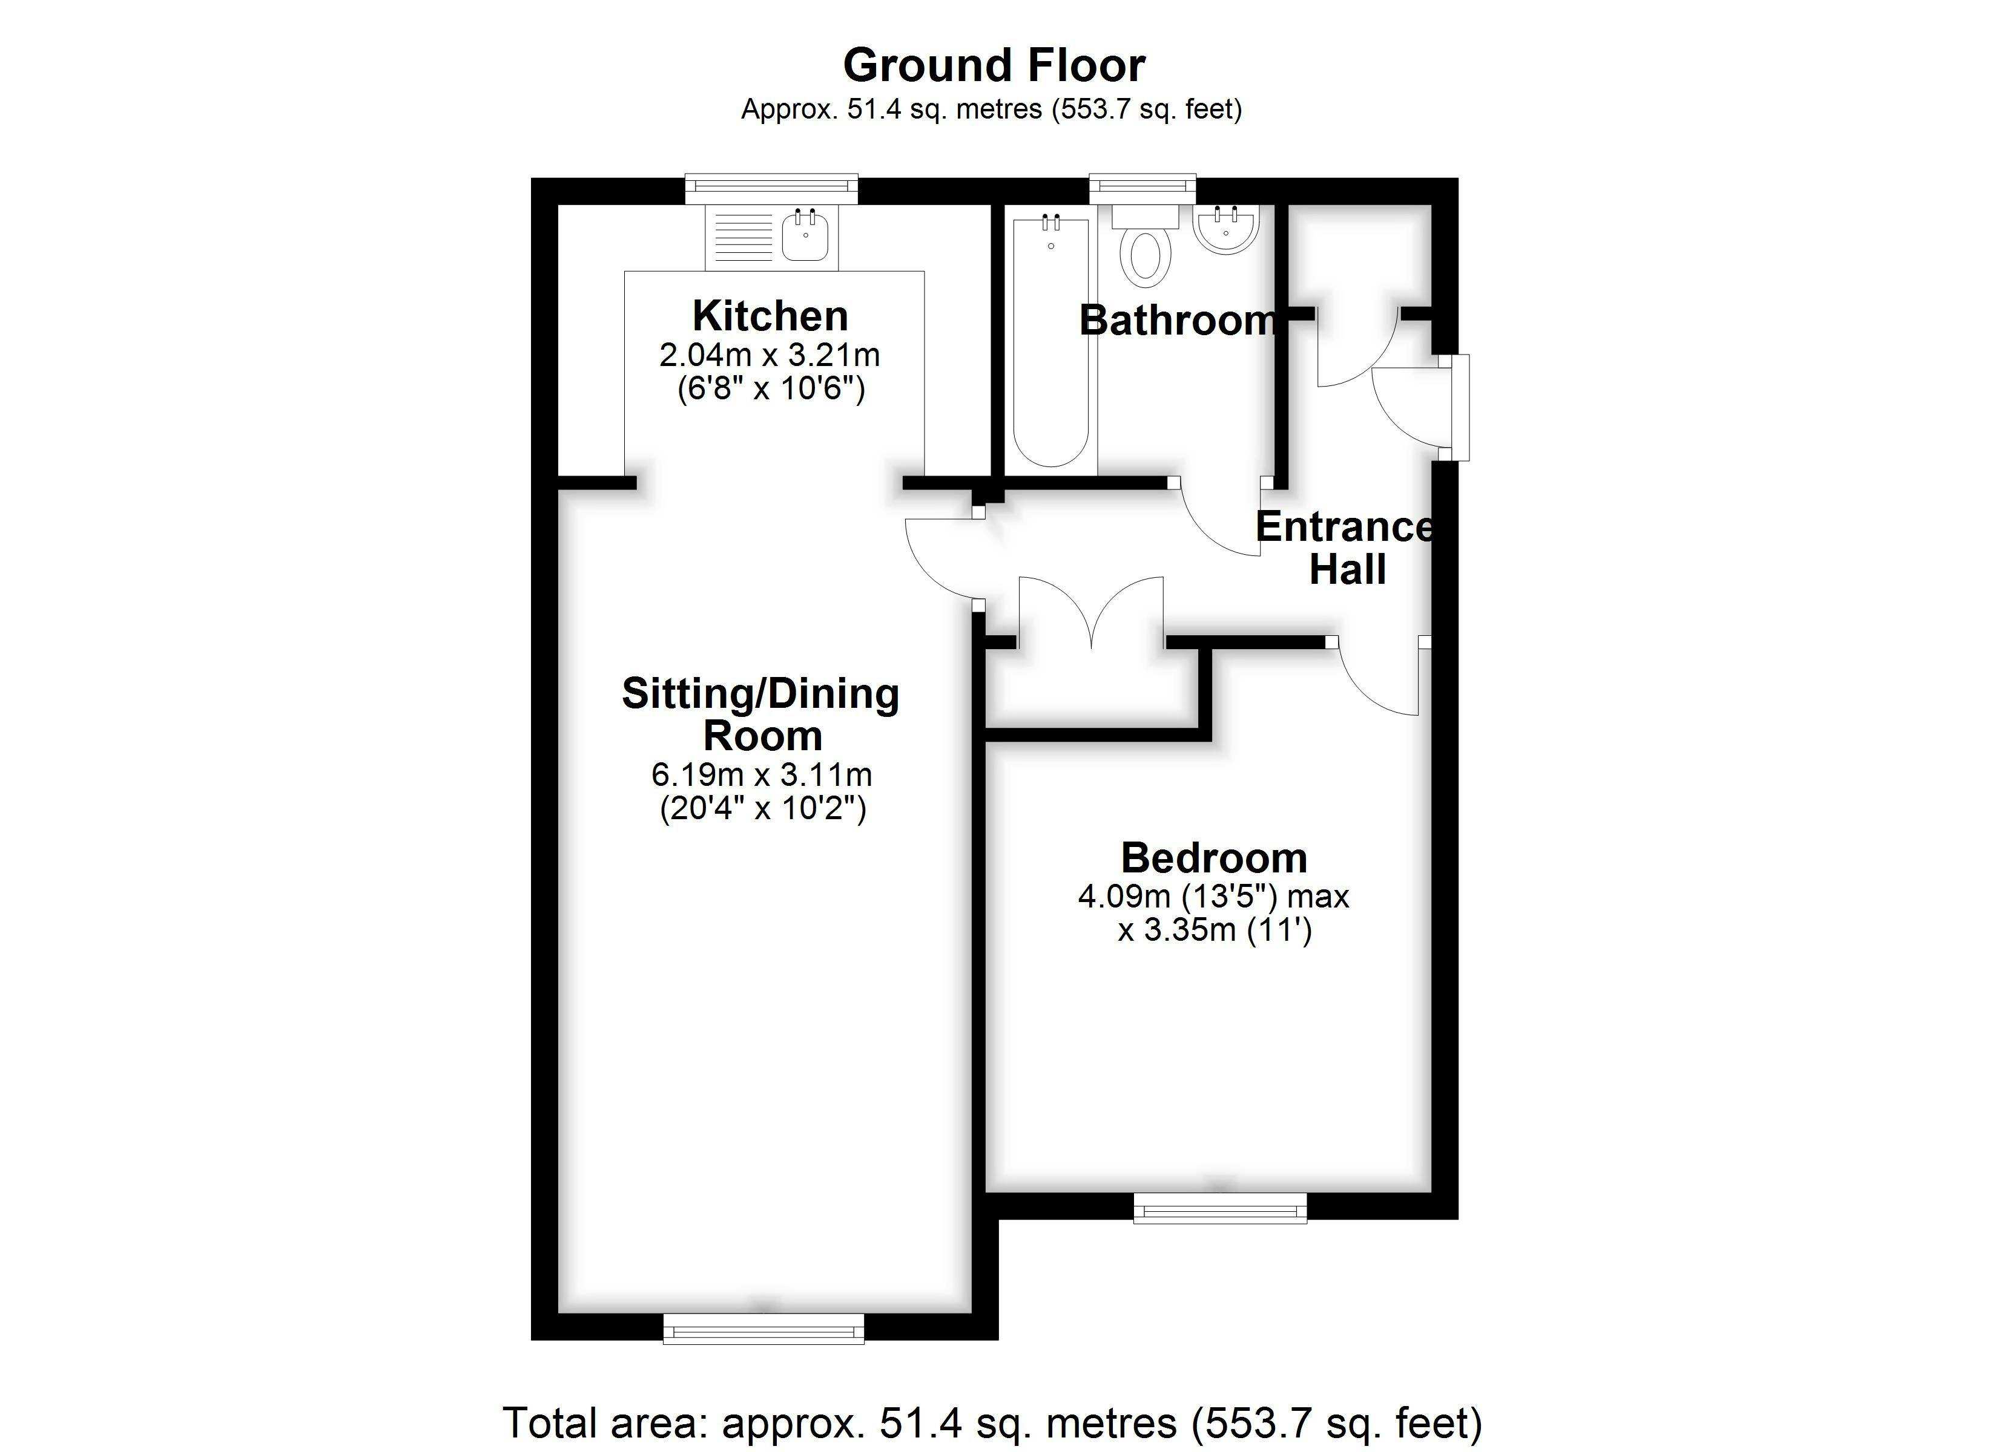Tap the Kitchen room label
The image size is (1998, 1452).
click(x=770, y=315)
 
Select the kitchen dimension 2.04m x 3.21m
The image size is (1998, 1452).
click(x=770, y=355)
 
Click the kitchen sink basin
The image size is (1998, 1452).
click(x=805, y=235)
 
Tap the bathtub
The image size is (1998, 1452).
click(x=1051, y=342)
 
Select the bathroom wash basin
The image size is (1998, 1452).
click(x=1226, y=229)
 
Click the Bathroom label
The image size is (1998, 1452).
click(x=1178, y=321)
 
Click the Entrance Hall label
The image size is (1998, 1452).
click(x=1347, y=548)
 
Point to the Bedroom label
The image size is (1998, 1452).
click(x=1214, y=858)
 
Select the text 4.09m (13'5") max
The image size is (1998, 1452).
click(x=1214, y=897)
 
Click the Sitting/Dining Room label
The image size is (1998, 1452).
click(x=761, y=714)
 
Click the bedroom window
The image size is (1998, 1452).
click(x=1220, y=1208)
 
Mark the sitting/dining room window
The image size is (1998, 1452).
click(x=764, y=1329)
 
